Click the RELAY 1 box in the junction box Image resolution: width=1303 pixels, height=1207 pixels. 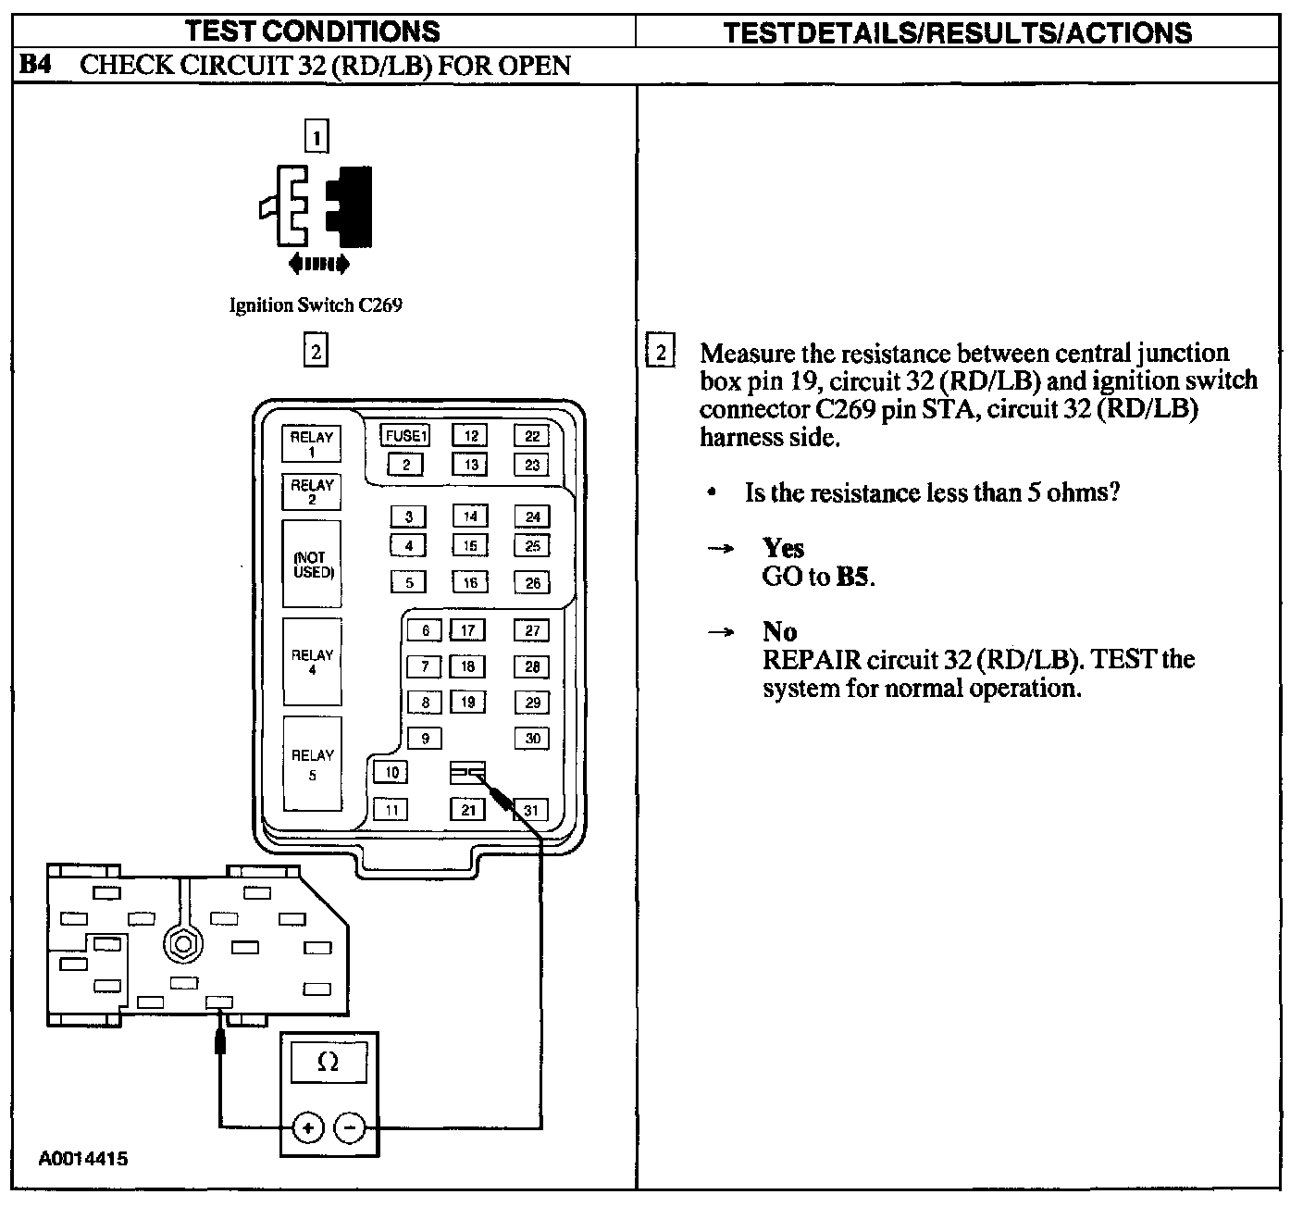[x=311, y=443]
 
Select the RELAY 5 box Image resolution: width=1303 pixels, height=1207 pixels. [x=312, y=764]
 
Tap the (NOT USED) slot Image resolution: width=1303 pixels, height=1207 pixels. [x=312, y=564]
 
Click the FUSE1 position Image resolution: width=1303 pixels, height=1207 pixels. [x=404, y=435]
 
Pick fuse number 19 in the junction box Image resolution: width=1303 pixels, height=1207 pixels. [x=468, y=702]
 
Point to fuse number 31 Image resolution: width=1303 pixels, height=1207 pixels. [x=531, y=810]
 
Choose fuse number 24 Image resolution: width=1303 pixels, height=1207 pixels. [x=532, y=516]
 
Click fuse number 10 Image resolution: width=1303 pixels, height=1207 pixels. [x=391, y=772]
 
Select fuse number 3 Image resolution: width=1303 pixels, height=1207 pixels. [x=408, y=516]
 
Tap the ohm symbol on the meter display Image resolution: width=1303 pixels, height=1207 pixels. [x=328, y=1061]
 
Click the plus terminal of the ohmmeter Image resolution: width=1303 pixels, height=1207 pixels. [x=307, y=1127]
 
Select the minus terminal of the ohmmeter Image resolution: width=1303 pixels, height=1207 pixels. [x=349, y=1127]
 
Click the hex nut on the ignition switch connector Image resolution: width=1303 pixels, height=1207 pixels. [x=182, y=944]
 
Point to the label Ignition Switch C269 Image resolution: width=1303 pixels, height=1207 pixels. [x=316, y=305]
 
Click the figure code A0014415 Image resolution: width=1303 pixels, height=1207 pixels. [x=83, y=1159]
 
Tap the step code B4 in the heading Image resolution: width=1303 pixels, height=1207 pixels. [x=35, y=65]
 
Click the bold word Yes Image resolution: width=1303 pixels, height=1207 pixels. [x=783, y=548]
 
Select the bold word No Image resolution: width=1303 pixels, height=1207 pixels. [x=779, y=631]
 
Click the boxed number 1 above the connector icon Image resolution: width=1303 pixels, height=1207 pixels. [x=316, y=137]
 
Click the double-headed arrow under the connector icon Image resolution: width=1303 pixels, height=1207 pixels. [x=319, y=265]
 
